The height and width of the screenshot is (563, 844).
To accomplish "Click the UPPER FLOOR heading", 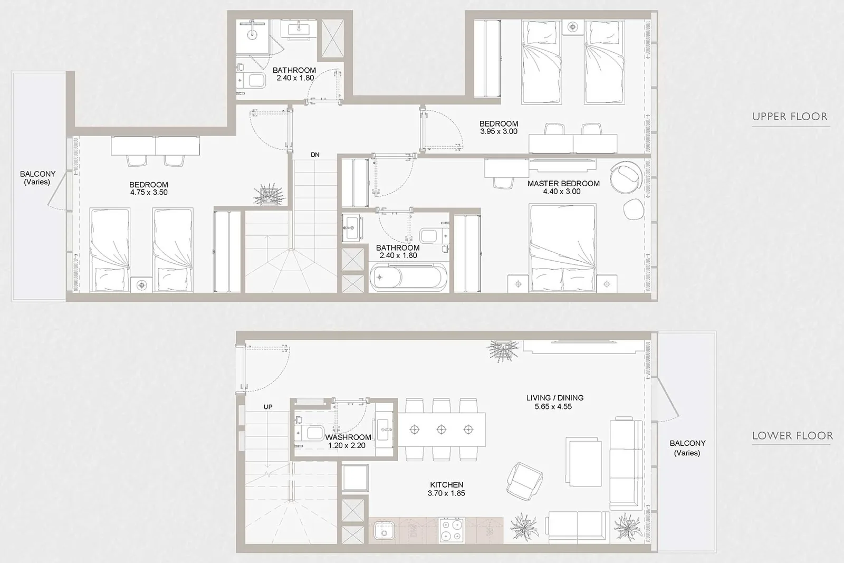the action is [x=790, y=117].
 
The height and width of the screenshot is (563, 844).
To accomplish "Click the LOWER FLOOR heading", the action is [x=792, y=436].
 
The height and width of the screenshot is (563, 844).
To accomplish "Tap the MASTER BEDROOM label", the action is [x=563, y=184].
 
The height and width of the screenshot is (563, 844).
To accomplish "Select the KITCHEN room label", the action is [x=446, y=484].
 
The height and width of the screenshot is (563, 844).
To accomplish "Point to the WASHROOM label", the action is [x=348, y=437].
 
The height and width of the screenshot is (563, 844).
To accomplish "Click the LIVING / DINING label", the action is [x=554, y=397].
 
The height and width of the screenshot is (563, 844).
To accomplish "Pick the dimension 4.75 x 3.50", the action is [x=149, y=192].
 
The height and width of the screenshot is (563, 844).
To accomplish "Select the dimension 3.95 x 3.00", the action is [x=498, y=131].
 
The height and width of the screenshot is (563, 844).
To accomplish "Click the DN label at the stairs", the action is [x=315, y=155].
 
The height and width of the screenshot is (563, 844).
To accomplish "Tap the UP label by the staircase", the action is [x=268, y=407].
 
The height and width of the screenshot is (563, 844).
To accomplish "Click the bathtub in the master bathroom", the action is [x=408, y=277].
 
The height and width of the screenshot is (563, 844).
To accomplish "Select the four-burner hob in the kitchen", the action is [x=452, y=531].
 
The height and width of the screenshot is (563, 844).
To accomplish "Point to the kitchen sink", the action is [x=384, y=531].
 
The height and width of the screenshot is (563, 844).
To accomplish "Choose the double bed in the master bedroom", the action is [x=562, y=248].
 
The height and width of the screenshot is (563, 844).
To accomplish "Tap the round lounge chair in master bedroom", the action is [x=626, y=177].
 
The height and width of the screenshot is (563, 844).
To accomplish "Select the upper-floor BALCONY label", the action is [x=37, y=178].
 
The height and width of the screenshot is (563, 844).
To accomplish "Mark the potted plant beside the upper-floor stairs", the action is [x=268, y=195].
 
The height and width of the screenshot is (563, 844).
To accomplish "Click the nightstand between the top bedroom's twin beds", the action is [x=573, y=27].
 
